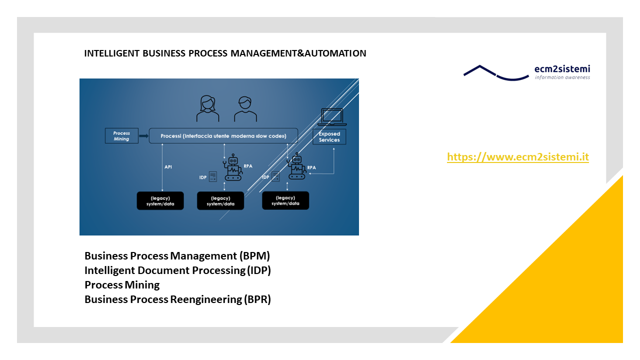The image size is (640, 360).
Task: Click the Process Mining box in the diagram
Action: tap(121, 135)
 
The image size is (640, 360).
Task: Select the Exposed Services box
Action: tap(329, 137)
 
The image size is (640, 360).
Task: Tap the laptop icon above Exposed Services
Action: tap(332, 117)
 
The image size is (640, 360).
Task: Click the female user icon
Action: tap(207, 108)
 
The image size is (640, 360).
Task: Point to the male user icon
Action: tap(245, 109)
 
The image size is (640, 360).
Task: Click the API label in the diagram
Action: tap(168, 167)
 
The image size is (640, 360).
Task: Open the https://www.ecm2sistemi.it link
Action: tap(517, 157)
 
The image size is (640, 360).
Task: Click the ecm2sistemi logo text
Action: tap(562, 69)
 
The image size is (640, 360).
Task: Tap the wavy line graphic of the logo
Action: tap(496, 73)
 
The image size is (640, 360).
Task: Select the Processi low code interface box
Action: tap(223, 135)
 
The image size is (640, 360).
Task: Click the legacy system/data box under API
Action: tap(160, 201)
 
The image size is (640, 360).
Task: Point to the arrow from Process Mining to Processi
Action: tap(143, 135)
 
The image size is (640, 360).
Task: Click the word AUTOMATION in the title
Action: tap(335, 53)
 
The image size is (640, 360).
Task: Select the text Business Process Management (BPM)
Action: tap(177, 255)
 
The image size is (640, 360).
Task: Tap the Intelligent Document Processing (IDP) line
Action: tap(177, 270)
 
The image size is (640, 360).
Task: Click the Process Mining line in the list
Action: tap(122, 285)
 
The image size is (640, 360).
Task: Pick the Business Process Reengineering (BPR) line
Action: tap(177, 299)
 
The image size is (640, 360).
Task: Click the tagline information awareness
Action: tap(562, 77)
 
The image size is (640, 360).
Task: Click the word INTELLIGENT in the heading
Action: tap(111, 53)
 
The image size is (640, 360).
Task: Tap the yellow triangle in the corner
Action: tap(565, 285)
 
